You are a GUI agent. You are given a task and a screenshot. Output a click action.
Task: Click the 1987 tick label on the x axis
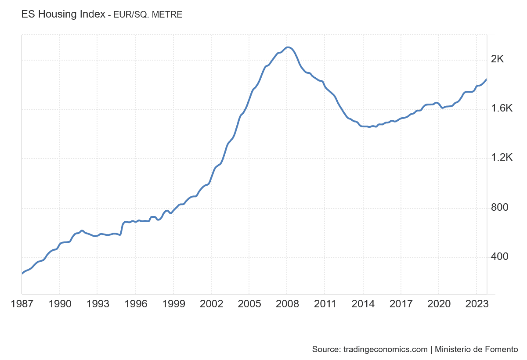click(21, 304)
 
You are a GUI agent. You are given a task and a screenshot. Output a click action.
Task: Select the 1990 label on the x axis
click(59, 304)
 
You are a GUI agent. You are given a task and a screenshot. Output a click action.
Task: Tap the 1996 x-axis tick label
click(135, 304)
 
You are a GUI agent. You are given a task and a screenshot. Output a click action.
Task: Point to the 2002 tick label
click(211, 304)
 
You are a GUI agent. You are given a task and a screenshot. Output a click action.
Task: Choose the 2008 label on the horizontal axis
click(287, 304)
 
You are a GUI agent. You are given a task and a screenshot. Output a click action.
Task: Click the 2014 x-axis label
click(363, 304)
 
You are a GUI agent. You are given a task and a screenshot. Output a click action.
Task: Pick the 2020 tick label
click(439, 304)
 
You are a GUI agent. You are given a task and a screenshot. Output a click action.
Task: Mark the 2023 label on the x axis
click(476, 304)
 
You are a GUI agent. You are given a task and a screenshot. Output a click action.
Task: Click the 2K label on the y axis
click(497, 59)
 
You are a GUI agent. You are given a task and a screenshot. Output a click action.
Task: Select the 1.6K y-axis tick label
click(502, 108)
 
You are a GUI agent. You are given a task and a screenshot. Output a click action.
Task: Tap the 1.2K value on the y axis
click(502, 158)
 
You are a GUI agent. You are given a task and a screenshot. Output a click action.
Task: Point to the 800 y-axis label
click(499, 207)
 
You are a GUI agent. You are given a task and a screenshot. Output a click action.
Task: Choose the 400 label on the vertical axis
click(499, 256)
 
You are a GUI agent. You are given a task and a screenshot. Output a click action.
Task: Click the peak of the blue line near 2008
click(287, 47)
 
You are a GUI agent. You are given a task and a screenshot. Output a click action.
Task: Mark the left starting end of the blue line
click(22, 274)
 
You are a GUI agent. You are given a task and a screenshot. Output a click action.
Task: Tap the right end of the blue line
click(486, 79)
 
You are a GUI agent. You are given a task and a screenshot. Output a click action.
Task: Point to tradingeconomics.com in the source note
click(385, 349)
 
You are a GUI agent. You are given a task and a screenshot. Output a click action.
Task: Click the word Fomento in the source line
click(502, 349)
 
